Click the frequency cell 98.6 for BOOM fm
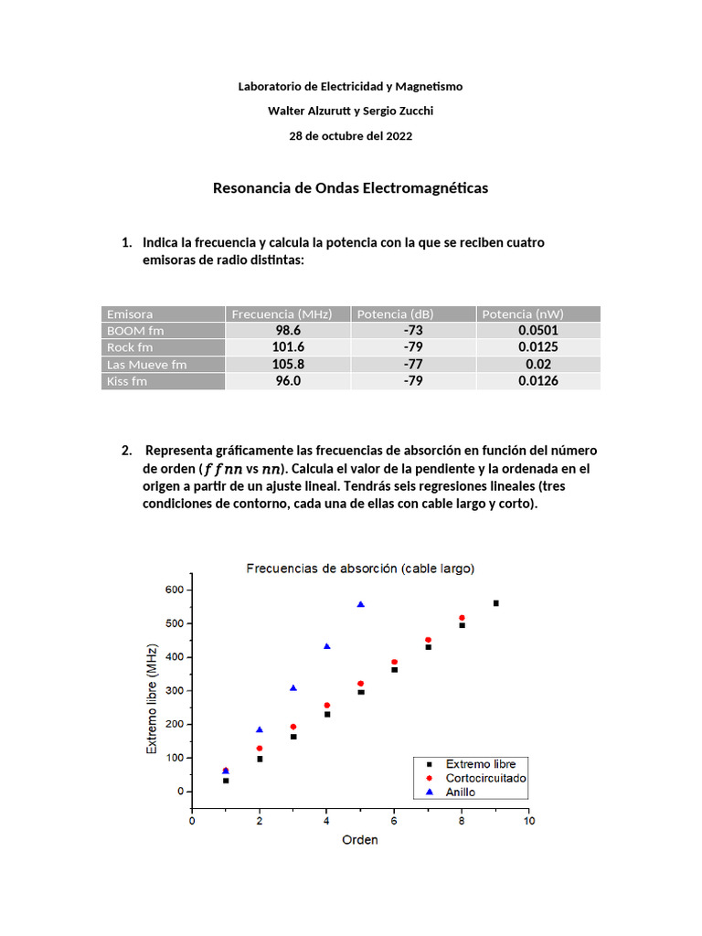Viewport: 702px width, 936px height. (x=288, y=331)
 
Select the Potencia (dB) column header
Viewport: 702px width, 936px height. (x=395, y=314)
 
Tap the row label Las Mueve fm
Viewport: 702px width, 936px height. (x=146, y=365)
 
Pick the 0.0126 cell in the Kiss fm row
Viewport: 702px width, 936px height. (x=537, y=381)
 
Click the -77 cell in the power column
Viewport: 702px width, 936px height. (x=412, y=365)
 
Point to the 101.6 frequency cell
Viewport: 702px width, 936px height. (x=288, y=347)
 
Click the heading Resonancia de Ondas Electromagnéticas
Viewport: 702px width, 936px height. (x=350, y=188)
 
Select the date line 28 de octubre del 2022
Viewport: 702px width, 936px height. (x=350, y=136)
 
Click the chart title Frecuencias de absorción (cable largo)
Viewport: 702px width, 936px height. (x=360, y=569)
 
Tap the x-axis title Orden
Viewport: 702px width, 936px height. (x=359, y=839)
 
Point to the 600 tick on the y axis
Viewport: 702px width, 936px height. (x=175, y=590)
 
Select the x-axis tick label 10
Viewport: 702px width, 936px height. (x=528, y=822)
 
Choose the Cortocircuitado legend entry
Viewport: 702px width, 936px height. (x=484, y=778)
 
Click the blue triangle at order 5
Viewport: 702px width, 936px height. (x=361, y=604)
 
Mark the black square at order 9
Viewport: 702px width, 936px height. (x=495, y=603)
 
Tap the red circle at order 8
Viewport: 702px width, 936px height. (x=462, y=618)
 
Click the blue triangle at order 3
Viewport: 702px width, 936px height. (x=293, y=688)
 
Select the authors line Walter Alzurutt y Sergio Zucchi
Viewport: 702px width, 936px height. (x=350, y=111)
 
